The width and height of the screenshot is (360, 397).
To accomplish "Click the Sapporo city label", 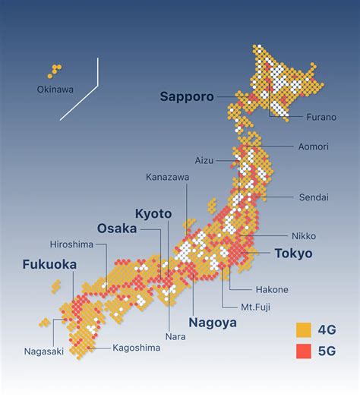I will point(186,96).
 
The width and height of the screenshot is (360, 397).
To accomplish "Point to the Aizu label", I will point(204,161).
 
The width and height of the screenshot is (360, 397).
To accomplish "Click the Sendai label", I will point(313,197).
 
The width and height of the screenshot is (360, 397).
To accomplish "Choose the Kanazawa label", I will point(168,177).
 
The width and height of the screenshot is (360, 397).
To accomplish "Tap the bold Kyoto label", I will point(153,213).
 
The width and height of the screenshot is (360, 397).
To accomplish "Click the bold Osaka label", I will point(117,228).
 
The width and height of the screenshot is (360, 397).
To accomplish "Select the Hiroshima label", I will point(71,244).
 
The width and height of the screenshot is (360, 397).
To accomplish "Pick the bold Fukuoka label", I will point(49,265).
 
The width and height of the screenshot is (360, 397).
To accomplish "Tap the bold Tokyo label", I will point(292,254).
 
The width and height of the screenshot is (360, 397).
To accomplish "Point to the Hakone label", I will point(272,289).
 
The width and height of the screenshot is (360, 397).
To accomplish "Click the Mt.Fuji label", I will point(256,307).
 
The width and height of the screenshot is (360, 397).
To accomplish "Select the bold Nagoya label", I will point(213,322).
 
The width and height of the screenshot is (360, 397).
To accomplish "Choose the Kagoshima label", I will point(137,348).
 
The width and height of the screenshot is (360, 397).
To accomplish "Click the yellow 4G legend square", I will point(303,329).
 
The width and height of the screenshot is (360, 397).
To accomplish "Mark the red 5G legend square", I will point(303,351).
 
